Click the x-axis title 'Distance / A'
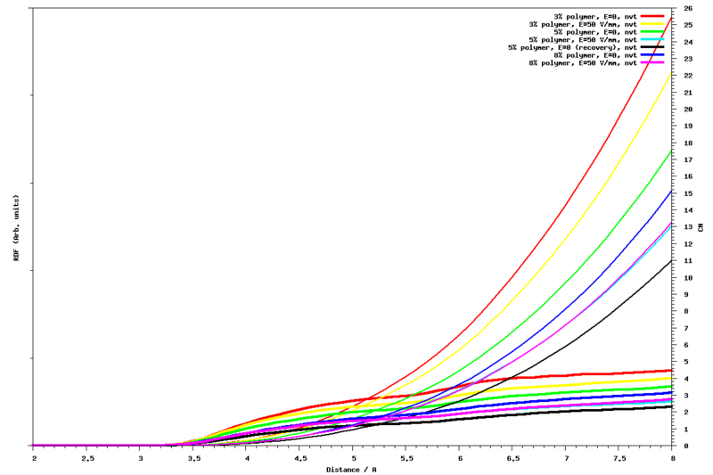(351, 469)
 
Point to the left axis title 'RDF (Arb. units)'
(17, 226)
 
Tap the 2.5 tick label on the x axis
(87, 458)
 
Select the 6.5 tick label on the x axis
(513, 458)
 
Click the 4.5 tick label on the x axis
(300, 458)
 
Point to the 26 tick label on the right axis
(687, 8)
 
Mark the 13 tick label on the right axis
(687, 226)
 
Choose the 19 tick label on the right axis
(687, 126)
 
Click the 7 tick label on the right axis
(685, 327)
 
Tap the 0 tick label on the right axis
(685, 445)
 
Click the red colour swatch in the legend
(654, 16)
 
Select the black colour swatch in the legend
(654, 47)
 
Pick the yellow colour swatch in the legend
(654, 24)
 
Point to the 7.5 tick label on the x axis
(620, 458)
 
